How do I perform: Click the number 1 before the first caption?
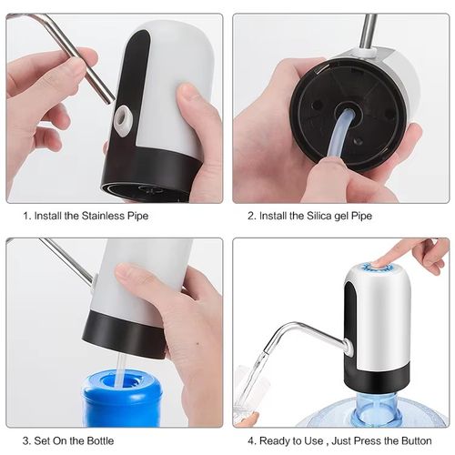pos(26,217)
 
